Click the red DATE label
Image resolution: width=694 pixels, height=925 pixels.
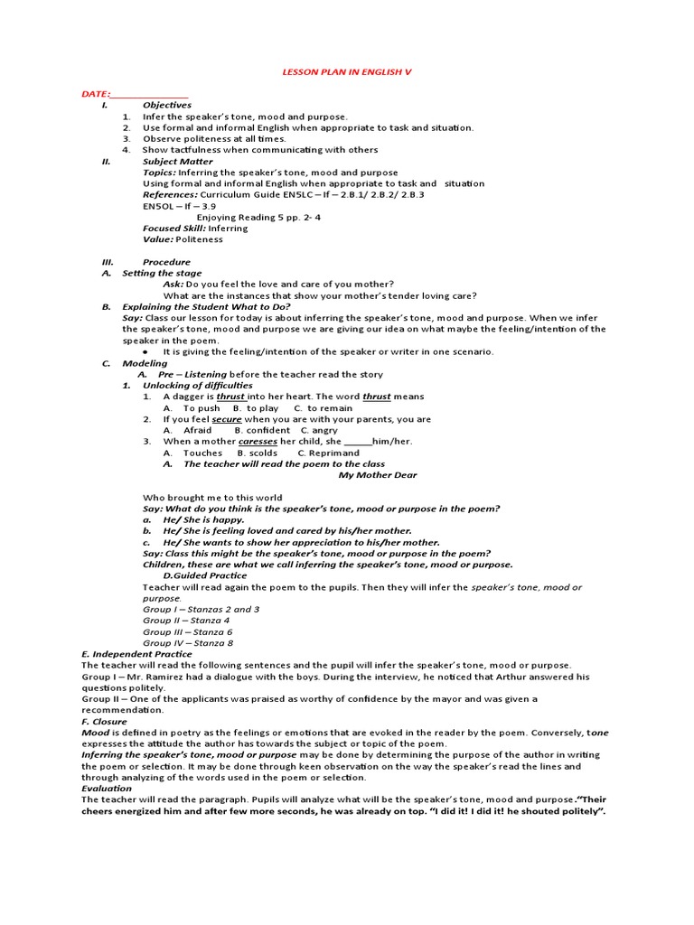tap(96, 94)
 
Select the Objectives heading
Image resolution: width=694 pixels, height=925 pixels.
tap(167, 105)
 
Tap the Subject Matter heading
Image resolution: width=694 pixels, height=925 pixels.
tap(177, 162)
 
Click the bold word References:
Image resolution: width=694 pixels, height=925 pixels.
tap(170, 194)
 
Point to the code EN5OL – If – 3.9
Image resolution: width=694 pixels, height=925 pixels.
tap(179, 206)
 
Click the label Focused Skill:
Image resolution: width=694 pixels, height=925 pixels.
tap(174, 229)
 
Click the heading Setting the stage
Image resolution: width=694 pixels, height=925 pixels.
tap(162, 273)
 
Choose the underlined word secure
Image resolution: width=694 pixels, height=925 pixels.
tap(227, 419)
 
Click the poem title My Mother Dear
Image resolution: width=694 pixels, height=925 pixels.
tap(378, 475)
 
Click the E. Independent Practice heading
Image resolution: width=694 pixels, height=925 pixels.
tap(136, 654)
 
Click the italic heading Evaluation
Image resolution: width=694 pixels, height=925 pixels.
tap(107, 788)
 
